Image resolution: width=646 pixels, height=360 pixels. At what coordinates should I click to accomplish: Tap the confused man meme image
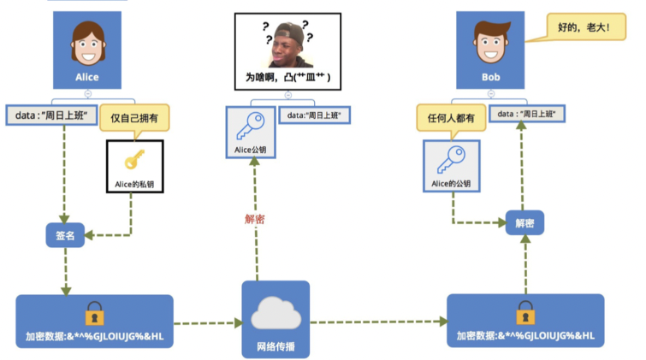(287, 44)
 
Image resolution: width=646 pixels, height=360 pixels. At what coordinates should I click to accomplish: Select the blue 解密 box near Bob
(525, 223)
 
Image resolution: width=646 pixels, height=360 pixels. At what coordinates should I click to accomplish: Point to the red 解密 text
(255, 220)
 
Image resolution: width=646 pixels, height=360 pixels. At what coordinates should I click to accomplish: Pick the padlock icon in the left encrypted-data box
(93, 311)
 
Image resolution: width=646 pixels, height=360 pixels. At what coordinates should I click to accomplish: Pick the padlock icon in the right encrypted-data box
(525, 310)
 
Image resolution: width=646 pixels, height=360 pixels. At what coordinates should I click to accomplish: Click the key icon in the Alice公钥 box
(251, 129)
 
